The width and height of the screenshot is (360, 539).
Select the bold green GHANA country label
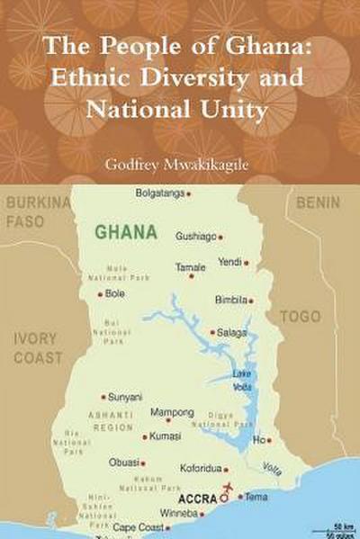pyautogui.click(x=126, y=231)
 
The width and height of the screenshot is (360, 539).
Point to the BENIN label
pyautogui.click(x=318, y=202)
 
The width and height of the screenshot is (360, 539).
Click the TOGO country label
pyautogui.click(x=300, y=317)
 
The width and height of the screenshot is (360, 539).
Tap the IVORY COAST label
pyautogui.click(x=38, y=348)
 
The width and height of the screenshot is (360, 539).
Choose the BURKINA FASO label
pyautogui.click(x=37, y=211)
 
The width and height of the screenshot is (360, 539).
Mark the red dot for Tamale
pyautogui.click(x=192, y=275)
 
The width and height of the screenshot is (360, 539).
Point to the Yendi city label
pyautogui.click(x=229, y=262)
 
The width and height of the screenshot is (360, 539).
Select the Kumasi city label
pyautogui.click(x=165, y=436)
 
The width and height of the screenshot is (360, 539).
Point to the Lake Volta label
pyautogui.click(x=242, y=380)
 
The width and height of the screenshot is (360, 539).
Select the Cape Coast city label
pyautogui.click(x=138, y=527)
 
